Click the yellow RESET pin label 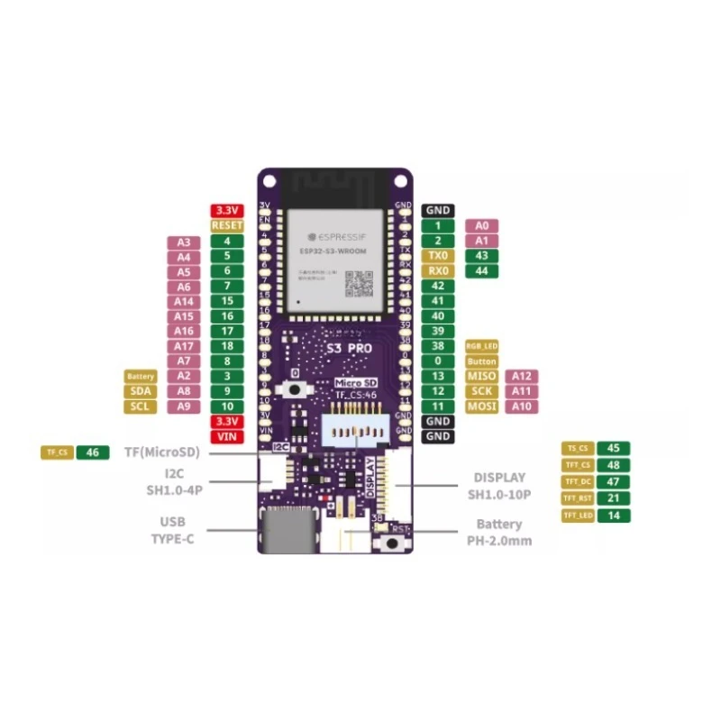click(x=226, y=225)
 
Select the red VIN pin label click(x=226, y=436)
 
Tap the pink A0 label click(x=481, y=225)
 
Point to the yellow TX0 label click(x=438, y=256)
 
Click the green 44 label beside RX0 click(x=481, y=270)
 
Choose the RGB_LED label click(x=481, y=346)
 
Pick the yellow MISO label click(x=481, y=376)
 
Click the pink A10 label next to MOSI click(x=522, y=406)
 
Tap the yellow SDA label click(x=141, y=391)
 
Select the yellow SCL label click(x=141, y=406)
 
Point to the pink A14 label click(x=184, y=301)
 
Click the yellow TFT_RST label click(x=577, y=498)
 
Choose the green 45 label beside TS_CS click(x=614, y=448)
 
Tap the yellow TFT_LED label click(x=577, y=516)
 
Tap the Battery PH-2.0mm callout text click(x=498, y=532)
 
